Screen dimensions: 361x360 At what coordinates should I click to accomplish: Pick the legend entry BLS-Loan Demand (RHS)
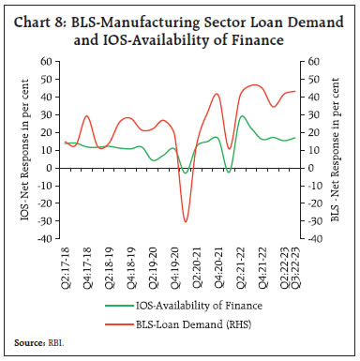209,323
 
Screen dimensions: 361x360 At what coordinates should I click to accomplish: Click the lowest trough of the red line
186,221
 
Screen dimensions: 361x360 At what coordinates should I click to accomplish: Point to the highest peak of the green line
243,116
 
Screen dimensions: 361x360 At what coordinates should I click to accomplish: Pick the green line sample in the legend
121,306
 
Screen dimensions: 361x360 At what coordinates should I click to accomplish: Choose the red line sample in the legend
121,323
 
